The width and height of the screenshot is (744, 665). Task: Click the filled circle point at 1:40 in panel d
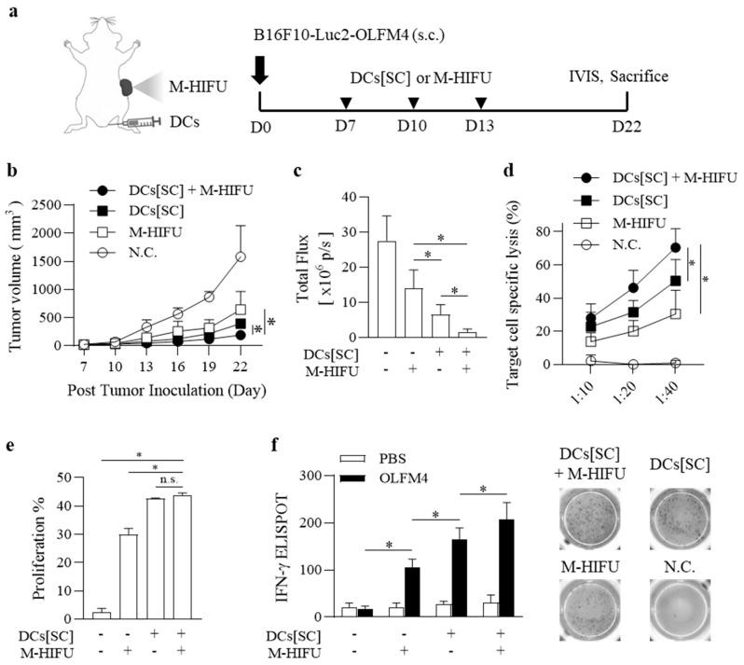(674, 247)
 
